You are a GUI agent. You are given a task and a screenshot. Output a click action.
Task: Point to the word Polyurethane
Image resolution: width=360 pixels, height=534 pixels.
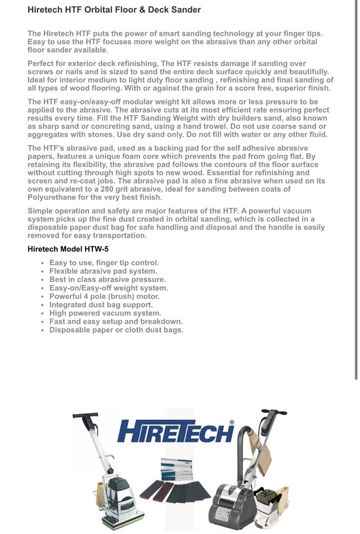tap(52, 197)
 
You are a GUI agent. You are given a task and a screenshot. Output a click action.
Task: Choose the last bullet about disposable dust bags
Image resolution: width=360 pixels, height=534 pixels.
tap(116, 330)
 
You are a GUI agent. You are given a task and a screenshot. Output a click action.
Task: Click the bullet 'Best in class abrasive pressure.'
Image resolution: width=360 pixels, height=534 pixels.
tap(107, 279)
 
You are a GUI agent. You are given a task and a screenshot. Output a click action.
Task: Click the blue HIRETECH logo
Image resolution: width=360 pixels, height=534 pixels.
tap(175, 430)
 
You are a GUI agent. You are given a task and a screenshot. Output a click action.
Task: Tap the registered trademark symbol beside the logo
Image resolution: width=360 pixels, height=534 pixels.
tap(232, 422)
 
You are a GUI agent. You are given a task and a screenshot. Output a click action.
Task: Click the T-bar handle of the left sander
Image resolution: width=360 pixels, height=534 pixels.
tap(85, 415)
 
